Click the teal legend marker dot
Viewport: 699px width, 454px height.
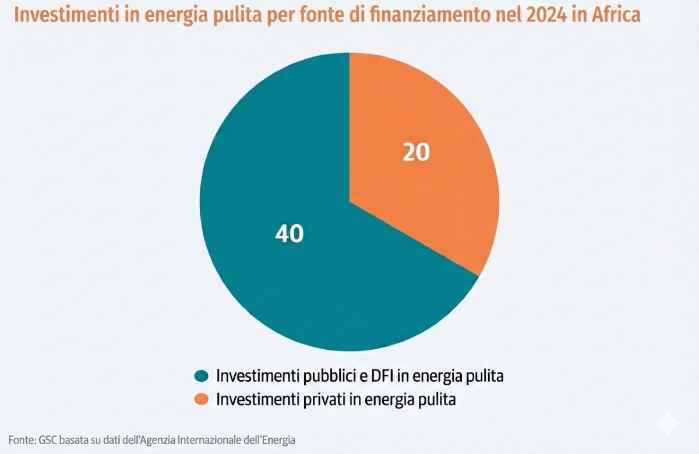pos(201,376)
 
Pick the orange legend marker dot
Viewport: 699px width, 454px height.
pos(201,399)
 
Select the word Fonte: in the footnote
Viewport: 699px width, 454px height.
pos(21,439)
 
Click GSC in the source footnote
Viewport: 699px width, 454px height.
pos(47,439)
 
